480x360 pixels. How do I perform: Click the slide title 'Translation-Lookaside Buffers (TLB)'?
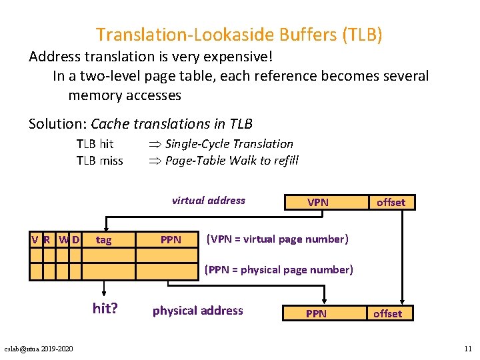239,34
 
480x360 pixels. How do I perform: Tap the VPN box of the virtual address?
317,202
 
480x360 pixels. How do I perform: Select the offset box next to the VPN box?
391,202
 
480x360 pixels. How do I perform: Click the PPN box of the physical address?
316,313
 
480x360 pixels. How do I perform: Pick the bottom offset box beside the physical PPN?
387,313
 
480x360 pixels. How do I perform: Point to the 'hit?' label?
105,308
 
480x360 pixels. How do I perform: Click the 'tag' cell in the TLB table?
104,239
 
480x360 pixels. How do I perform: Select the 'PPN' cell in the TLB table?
171,239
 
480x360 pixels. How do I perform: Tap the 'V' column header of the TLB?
35,239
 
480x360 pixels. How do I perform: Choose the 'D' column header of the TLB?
75,239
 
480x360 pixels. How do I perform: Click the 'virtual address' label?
208,200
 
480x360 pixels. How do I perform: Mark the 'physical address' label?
198,311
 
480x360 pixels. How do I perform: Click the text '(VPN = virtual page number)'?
278,239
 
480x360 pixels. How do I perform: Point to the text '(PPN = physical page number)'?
279,269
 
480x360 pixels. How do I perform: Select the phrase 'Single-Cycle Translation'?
229,143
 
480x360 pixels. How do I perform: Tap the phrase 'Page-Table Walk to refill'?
231,160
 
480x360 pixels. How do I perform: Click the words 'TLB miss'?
100,160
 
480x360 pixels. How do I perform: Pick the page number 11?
467,349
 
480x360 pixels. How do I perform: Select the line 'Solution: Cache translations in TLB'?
141,124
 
